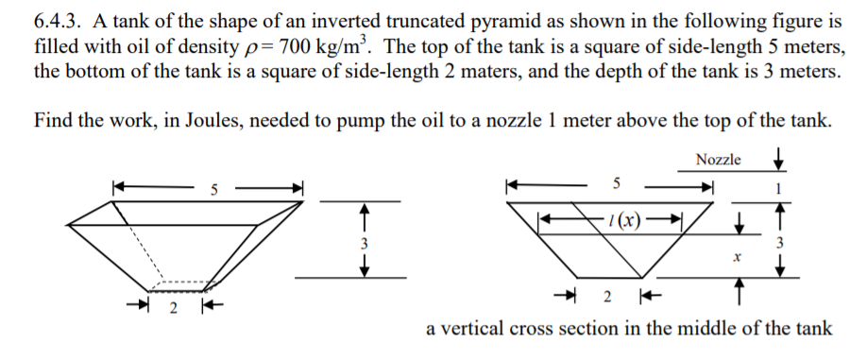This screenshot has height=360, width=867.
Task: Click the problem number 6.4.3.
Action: [x=58, y=22]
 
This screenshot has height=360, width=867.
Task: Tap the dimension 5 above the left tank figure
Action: [x=213, y=187]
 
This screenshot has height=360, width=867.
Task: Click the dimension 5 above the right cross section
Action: [x=616, y=180]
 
